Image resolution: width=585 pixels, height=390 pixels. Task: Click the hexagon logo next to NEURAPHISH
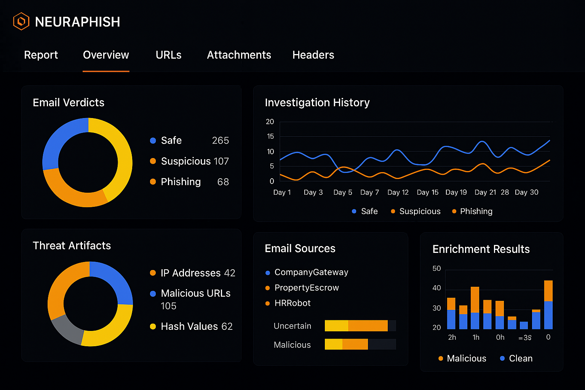[x=21, y=21]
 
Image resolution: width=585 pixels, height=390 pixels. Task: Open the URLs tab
[x=168, y=55]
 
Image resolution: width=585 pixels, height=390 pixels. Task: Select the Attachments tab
[x=239, y=55]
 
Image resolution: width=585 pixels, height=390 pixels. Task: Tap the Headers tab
[x=313, y=55]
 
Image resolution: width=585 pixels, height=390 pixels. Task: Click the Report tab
[x=41, y=55]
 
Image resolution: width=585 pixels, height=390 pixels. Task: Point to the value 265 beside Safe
[x=220, y=141]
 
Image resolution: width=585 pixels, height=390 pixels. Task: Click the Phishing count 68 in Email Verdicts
[x=223, y=182]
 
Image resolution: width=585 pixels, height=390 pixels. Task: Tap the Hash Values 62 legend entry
[x=196, y=326]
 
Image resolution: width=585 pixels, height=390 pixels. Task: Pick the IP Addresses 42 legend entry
[x=197, y=273]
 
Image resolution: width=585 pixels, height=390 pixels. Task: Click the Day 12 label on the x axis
[x=398, y=192]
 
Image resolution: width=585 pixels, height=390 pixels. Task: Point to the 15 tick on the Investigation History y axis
[x=270, y=136]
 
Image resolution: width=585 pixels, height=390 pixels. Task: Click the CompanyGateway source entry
[x=311, y=272]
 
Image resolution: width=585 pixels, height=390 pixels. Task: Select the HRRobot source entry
[x=292, y=303]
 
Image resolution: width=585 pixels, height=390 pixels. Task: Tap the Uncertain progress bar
[x=360, y=326]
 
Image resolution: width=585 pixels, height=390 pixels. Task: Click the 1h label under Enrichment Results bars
[x=476, y=337]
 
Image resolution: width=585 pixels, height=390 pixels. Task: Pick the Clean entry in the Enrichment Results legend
[x=520, y=358]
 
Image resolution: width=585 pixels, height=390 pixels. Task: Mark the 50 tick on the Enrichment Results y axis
[x=436, y=269]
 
